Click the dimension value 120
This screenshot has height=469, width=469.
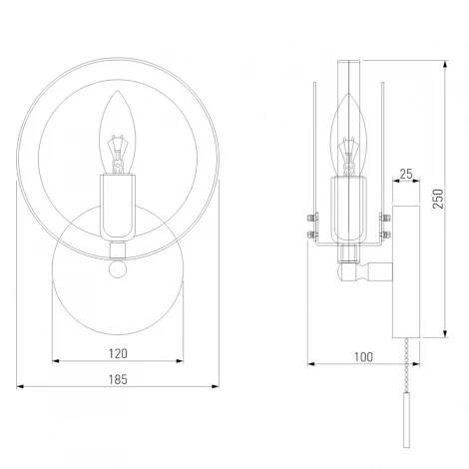(118, 352)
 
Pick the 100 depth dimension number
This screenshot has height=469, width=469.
(362, 356)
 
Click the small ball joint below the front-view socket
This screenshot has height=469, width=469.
(119, 268)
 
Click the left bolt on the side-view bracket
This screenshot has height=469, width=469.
(308, 222)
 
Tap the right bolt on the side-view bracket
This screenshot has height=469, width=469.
(386, 222)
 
